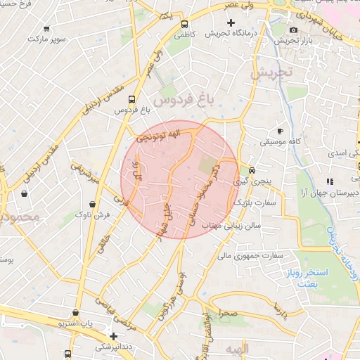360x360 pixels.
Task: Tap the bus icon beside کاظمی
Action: (184, 22)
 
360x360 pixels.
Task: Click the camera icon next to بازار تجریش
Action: (293, 30)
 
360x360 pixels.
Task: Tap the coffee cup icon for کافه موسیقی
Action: (281, 131)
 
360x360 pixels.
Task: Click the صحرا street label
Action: (228, 311)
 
